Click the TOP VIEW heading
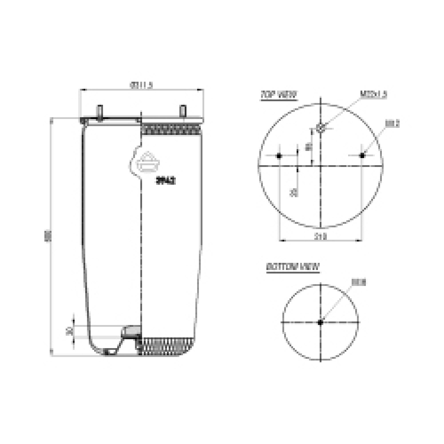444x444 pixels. tap(278, 94)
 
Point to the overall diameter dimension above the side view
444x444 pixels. tap(141, 85)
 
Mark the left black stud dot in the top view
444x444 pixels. tap(279, 156)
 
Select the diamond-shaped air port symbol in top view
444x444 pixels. tap(320, 129)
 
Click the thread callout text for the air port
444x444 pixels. tap(373, 94)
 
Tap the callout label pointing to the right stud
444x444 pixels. tap(392, 124)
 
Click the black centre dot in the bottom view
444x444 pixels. tap(320, 322)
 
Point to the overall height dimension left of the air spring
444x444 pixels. tap(46, 236)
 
